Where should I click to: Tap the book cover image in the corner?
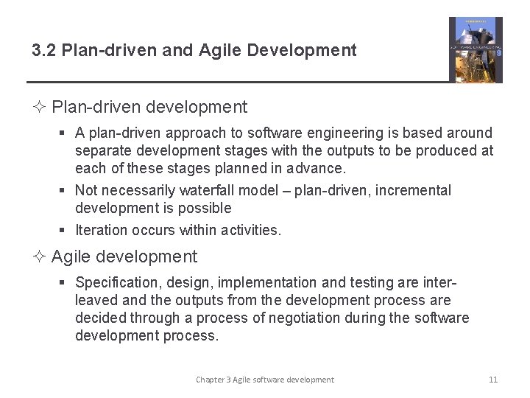coord(476,49)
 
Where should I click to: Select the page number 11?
coord(493,380)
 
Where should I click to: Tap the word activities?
coord(250,230)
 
